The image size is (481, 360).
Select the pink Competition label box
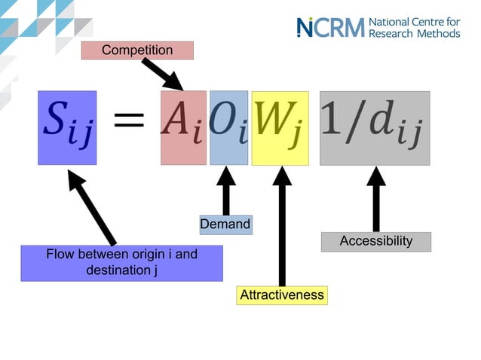(137, 50)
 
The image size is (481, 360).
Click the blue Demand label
(225, 224)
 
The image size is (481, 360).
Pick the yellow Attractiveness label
(282, 295)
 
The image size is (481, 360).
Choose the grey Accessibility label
(375, 242)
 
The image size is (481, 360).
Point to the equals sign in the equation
(129, 121)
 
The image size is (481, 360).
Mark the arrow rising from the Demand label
(225, 191)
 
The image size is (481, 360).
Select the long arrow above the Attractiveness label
(282, 226)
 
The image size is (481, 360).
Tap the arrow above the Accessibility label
(375, 199)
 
